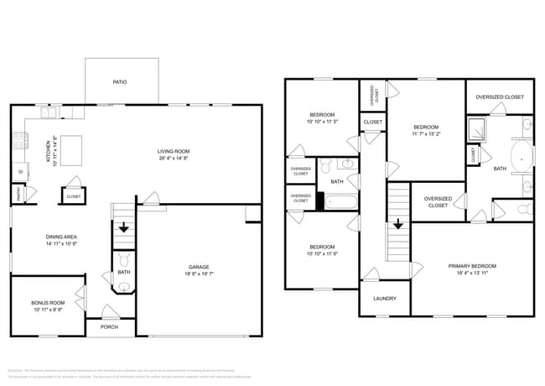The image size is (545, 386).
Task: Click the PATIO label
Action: tap(121, 82)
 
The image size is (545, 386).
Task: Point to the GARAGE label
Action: tap(198, 266)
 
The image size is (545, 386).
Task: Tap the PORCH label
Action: tap(109, 327)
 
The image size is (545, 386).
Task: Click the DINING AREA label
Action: tap(61, 237)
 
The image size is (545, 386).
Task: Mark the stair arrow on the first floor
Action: tap(123, 227)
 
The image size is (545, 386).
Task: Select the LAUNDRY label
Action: tap(384, 299)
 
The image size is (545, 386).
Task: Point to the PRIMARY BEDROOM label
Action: tap(473, 266)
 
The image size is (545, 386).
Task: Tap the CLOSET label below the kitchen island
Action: tap(72, 196)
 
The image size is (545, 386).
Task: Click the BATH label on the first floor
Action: tap(123, 272)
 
